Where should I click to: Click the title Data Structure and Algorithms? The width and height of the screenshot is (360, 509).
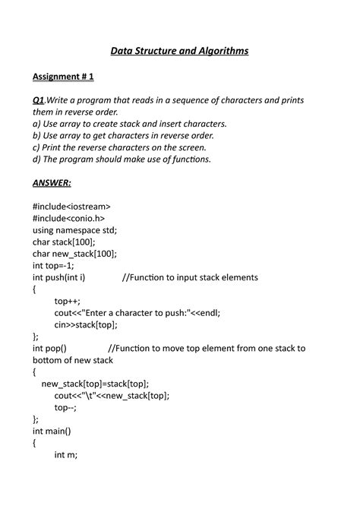coord(179,51)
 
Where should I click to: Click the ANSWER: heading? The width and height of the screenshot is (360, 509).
coord(52,183)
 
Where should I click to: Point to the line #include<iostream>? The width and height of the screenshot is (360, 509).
coord(71,206)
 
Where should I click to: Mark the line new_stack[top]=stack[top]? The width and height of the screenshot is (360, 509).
coord(95,384)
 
